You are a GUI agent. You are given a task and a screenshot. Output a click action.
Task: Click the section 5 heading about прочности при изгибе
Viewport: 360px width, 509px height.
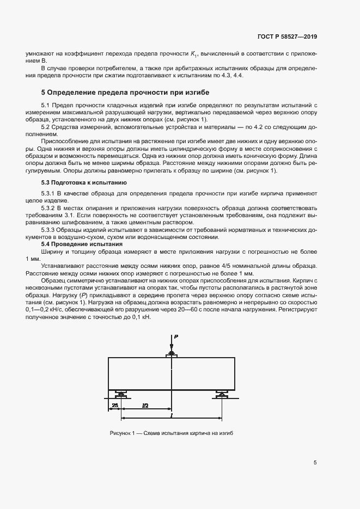[125, 93]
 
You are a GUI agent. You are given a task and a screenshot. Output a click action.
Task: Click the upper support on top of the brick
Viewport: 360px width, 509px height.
[172, 355]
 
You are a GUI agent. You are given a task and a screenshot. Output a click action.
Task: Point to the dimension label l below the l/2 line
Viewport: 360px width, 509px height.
[172, 415]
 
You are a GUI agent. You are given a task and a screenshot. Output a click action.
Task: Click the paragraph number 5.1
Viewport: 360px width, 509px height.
[46, 105]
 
